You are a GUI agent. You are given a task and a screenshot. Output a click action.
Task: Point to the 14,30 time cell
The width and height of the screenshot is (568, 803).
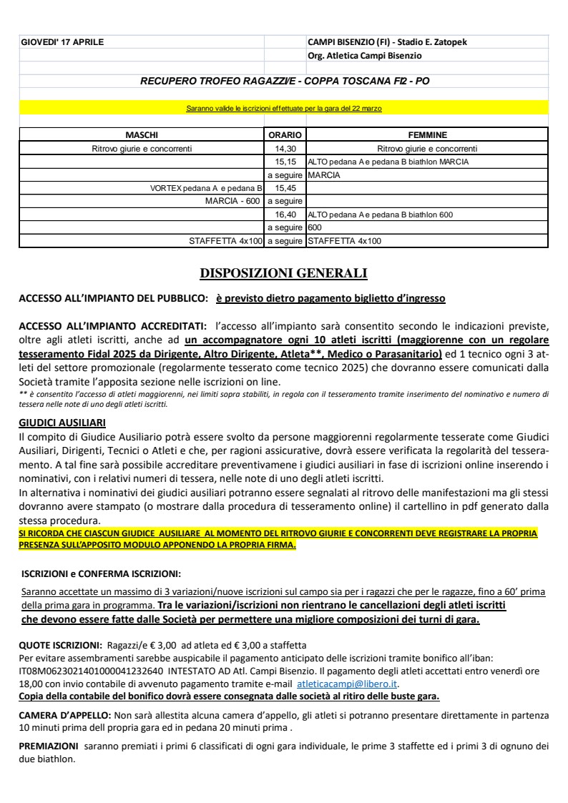click(285, 149)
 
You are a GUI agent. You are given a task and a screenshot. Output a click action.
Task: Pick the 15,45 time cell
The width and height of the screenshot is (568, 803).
click(285, 188)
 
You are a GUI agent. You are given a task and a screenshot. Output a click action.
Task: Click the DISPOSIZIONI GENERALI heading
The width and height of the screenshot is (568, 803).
click(283, 272)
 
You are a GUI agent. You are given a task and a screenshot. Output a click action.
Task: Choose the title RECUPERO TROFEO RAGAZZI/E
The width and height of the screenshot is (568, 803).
click(285, 82)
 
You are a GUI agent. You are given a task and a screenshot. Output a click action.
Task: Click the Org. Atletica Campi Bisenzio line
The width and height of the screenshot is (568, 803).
click(364, 55)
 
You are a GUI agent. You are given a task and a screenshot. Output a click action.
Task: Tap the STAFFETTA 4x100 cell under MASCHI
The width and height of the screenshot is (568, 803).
click(225, 241)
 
